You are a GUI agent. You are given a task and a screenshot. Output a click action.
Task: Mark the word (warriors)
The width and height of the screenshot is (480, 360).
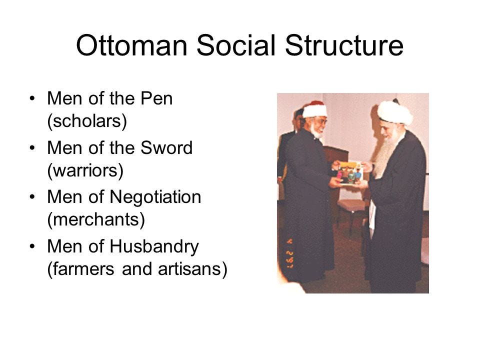84,170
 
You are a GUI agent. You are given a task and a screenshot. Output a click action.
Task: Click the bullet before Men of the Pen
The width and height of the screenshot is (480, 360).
32,99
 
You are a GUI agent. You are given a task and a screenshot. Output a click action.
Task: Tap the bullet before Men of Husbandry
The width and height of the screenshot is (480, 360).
32,246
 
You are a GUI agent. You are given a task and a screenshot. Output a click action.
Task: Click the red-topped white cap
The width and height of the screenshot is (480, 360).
314,109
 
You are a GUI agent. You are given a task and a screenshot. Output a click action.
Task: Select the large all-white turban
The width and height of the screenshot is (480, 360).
395,112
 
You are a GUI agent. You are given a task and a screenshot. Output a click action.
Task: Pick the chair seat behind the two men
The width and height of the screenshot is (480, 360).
352,205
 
